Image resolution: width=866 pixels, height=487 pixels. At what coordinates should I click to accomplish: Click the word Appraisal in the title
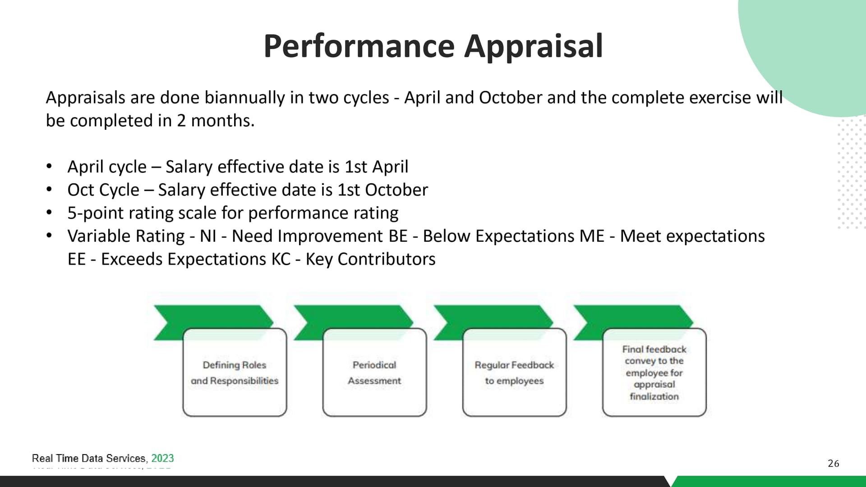click(534, 46)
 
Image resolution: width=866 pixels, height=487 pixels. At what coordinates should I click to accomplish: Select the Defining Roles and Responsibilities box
click(235, 372)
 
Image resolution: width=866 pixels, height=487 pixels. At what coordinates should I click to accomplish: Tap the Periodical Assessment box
click(374, 372)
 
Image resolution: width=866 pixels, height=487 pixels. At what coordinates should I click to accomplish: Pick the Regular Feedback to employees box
click(514, 372)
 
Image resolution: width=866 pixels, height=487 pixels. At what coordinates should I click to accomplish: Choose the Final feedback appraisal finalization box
click(654, 372)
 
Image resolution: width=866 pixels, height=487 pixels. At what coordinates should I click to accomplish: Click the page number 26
click(834, 464)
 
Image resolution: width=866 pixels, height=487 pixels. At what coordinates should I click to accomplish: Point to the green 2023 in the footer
click(162, 458)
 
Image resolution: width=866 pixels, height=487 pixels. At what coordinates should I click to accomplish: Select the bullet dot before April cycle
click(49, 166)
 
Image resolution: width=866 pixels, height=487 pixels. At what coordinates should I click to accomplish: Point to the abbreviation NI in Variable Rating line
click(208, 236)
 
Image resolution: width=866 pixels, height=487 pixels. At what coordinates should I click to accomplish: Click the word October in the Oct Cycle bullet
click(396, 190)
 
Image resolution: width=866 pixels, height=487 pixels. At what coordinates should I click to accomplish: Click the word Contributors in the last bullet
click(387, 259)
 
